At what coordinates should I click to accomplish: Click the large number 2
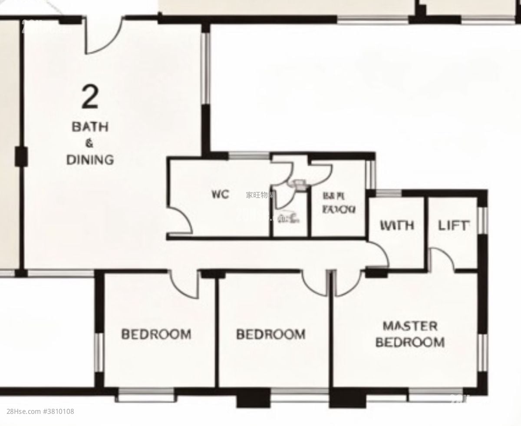pyautogui.click(x=90, y=97)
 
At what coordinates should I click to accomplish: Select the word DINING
pyautogui.click(x=90, y=159)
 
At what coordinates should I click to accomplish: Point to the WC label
pyautogui.click(x=220, y=194)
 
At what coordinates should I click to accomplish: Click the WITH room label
pyautogui.click(x=397, y=226)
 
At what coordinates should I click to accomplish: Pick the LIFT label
pyautogui.click(x=454, y=226)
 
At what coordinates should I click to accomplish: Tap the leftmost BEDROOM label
pyautogui.click(x=156, y=334)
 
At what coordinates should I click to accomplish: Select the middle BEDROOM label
pyautogui.click(x=270, y=334)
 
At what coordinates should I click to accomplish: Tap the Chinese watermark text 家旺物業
pyautogui.click(x=260, y=195)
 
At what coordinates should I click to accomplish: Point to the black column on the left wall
pyautogui.click(x=20, y=157)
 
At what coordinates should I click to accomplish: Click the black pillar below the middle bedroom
pyautogui.click(x=253, y=397)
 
